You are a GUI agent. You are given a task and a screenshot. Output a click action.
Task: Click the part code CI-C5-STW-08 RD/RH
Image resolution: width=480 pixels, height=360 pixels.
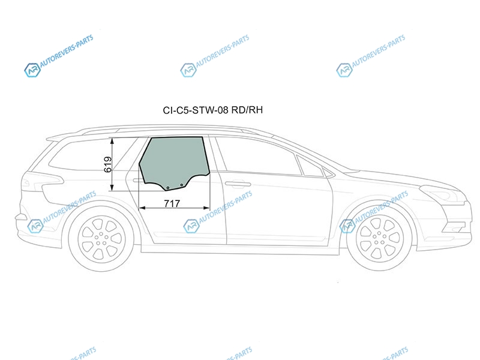point(213,110)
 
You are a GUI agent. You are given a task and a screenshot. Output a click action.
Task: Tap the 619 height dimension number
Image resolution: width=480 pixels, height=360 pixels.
point(108,164)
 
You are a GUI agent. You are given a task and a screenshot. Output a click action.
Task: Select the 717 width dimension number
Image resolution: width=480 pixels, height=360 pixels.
point(172,203)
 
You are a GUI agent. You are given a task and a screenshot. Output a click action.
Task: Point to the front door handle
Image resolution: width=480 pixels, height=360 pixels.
point(238,184)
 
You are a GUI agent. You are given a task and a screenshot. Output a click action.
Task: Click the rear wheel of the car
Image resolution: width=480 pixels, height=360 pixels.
point(101,239)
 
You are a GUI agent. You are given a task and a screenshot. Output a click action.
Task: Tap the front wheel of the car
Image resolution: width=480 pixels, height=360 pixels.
point(379,238)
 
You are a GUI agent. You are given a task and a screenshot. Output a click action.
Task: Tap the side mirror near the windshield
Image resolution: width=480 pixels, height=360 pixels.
point(328,173)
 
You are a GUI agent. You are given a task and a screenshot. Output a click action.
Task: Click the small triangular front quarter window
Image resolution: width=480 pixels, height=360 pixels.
point(310,167)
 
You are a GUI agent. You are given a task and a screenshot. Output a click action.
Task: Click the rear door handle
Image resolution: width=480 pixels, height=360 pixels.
point(139,181)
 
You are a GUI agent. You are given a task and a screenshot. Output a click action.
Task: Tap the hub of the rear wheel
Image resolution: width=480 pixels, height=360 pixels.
point(101,239)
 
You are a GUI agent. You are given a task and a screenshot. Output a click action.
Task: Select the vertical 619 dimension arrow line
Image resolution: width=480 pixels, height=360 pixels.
point(112,164)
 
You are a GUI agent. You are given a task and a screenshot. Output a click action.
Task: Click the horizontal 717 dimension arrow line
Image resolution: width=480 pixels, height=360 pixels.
point(175,208)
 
